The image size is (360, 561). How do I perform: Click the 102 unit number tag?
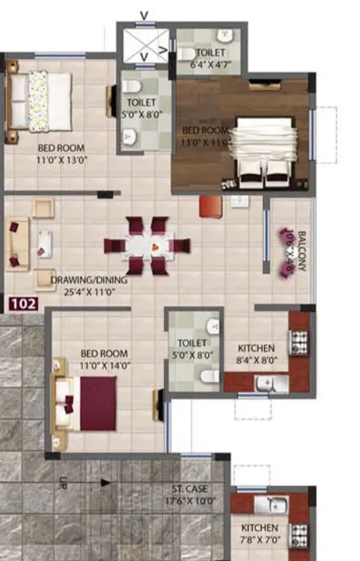click(23, 303)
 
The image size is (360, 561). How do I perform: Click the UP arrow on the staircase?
click(105, 482)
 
